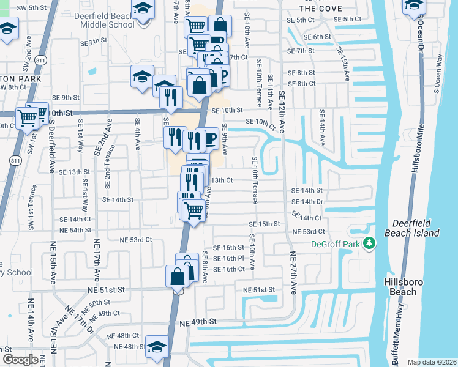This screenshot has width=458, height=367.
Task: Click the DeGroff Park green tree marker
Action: click(x=369, y=243)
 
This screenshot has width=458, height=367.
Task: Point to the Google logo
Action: click(x=20, y=360)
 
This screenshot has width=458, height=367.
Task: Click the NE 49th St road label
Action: click(x=198, y=322)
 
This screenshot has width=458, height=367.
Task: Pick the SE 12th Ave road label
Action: click(x=282, y=113)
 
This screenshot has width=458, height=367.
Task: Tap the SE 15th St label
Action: click(x=265, y=224)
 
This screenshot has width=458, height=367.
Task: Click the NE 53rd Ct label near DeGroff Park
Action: click(x=309, y=232)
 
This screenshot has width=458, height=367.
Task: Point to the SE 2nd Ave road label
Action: click(x=108, y=137)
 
